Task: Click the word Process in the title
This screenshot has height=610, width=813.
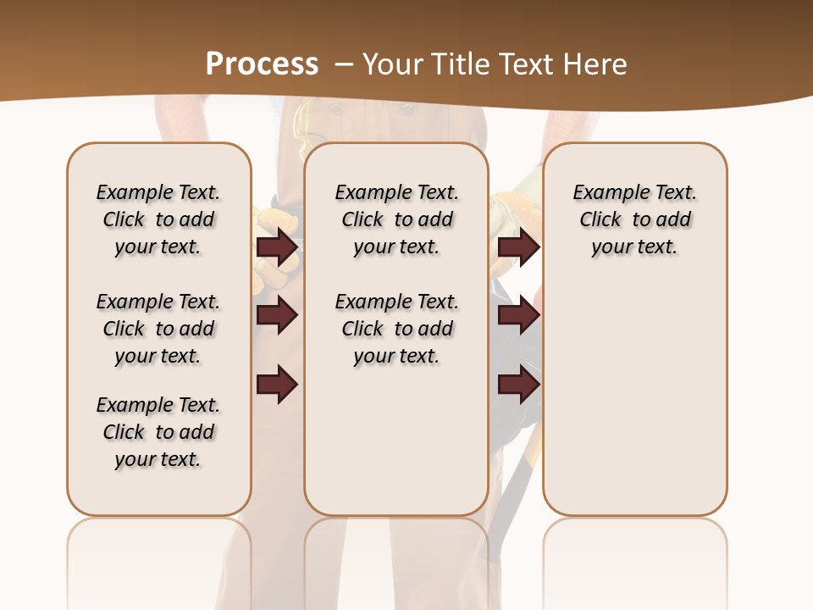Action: point(262,64)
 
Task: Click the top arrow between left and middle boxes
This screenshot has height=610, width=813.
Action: point(277,247)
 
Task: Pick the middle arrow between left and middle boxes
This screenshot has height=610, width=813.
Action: point(277,315)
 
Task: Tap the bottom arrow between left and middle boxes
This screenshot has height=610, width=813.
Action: point(277,385)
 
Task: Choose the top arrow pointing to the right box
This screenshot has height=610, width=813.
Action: point(518,247)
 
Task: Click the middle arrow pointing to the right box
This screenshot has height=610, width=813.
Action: point(518,315)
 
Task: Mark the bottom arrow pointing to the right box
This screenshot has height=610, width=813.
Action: point(518,385)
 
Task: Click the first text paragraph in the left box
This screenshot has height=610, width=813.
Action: point(158,219)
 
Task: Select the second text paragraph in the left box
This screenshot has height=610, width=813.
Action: point(158,329)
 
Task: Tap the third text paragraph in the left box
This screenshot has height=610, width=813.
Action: point(158,432)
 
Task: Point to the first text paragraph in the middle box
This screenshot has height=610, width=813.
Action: point(396,219)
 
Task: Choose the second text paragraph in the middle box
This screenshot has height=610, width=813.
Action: point(396,329)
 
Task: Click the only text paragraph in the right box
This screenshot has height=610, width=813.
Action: point(634,219)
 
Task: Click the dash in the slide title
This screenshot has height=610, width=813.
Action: point(344,64)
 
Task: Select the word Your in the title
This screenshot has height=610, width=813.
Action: point(390,64)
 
